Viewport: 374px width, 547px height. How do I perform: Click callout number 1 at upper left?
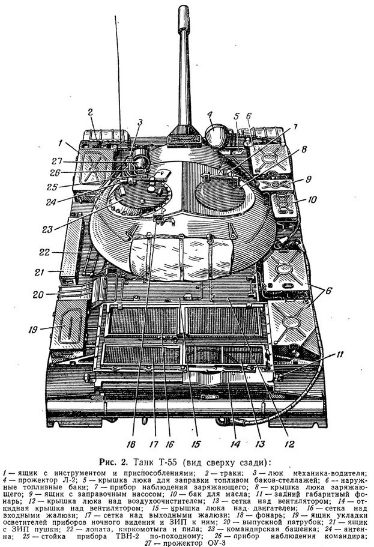pos(61,143)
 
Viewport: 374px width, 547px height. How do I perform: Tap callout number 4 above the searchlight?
pos(210,115)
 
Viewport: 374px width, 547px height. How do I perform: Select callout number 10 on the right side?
pos(312,199)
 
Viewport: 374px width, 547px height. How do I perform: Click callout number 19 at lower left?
pos(33,329)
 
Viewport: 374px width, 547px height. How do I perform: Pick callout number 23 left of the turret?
pos(47,229)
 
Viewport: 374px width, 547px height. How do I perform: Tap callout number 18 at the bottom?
pos(131,444)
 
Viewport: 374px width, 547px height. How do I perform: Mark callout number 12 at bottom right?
pos(289,444)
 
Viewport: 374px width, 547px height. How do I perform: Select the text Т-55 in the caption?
pos(170,462)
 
